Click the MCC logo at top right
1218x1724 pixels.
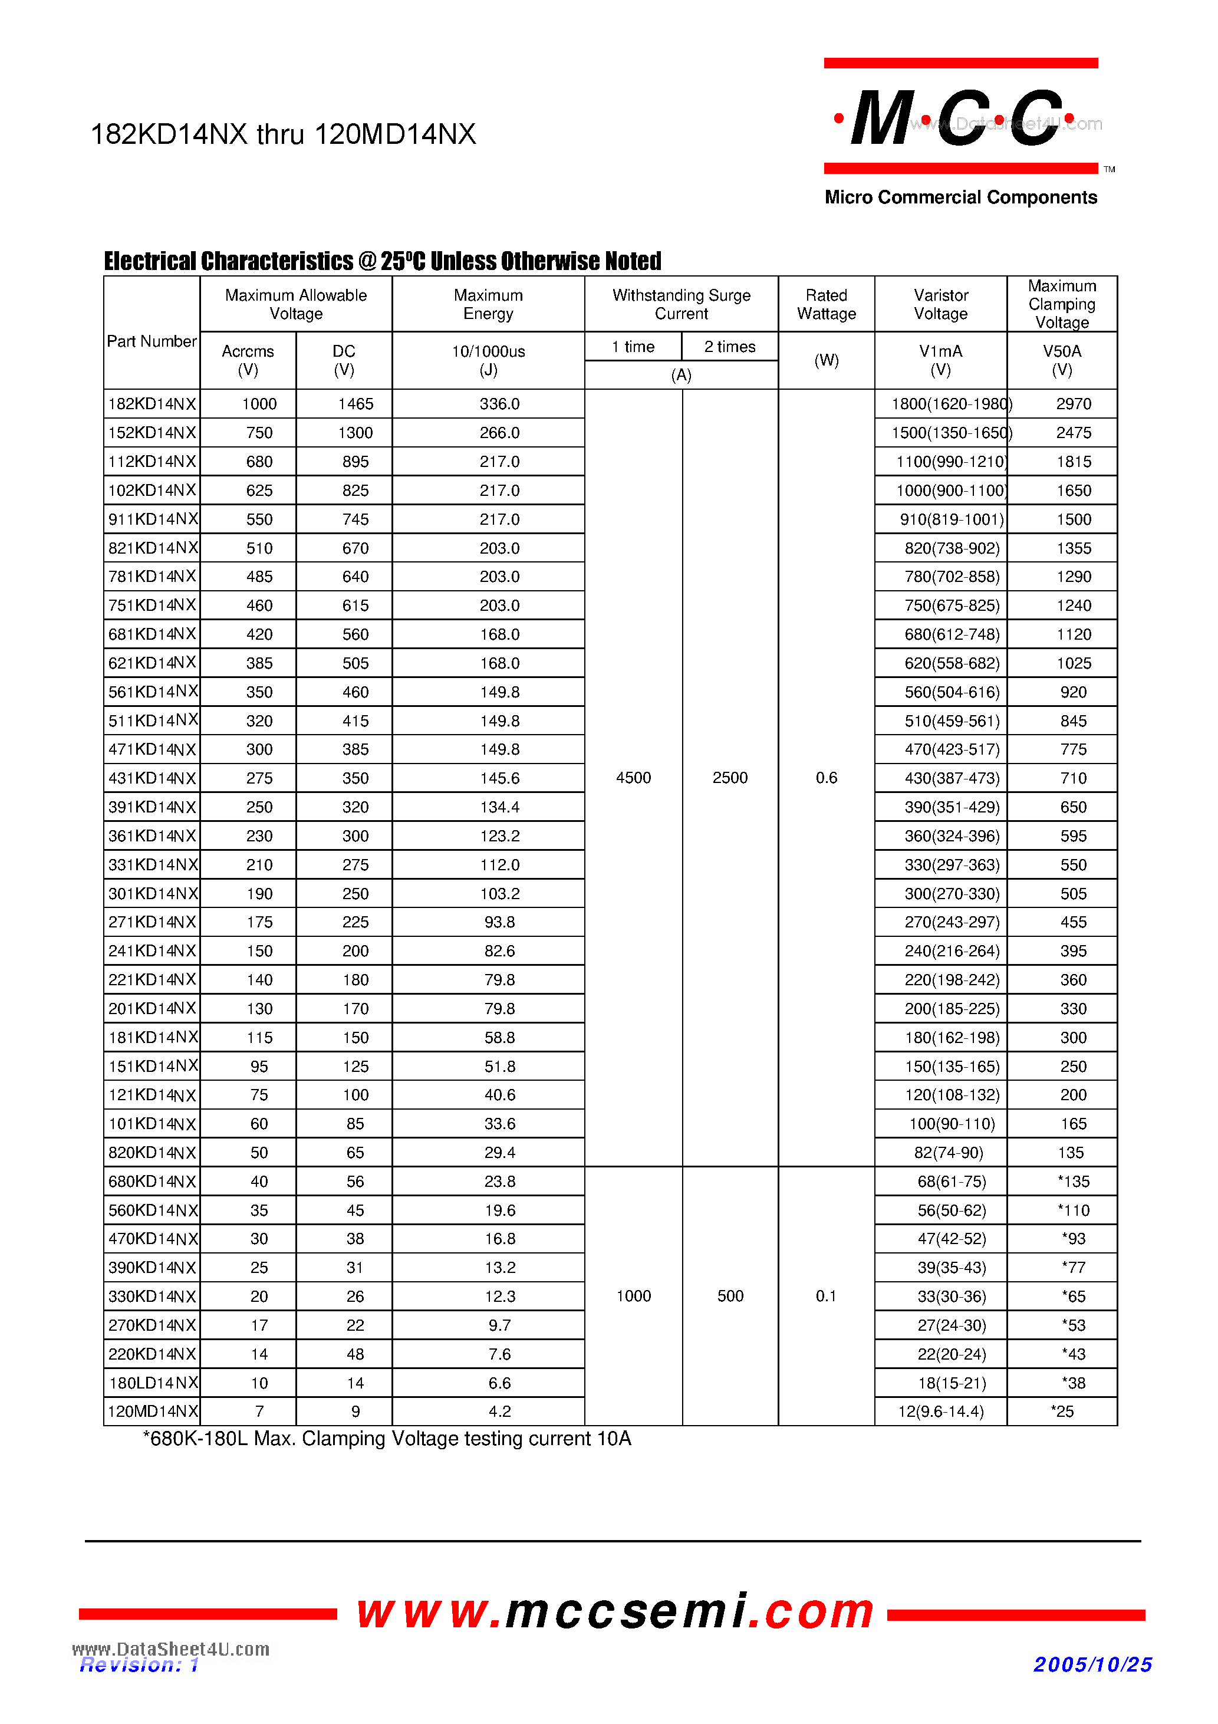960,119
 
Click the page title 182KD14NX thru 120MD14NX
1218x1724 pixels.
282,134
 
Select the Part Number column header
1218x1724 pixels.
151,341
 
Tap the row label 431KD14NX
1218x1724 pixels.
152,778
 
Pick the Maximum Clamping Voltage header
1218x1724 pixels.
1061,304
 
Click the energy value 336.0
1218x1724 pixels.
499,404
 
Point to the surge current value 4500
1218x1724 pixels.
633,778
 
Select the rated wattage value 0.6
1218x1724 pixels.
826,778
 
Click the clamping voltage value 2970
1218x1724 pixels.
1073,404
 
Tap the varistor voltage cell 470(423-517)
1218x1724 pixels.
952,749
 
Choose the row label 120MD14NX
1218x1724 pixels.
152,1412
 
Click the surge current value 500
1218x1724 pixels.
730,1296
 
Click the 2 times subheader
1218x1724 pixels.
729,347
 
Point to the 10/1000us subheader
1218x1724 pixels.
488,351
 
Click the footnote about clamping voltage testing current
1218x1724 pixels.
387,1439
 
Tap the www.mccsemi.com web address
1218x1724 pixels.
615,1611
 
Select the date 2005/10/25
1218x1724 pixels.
1092,1664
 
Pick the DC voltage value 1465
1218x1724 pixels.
355,404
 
